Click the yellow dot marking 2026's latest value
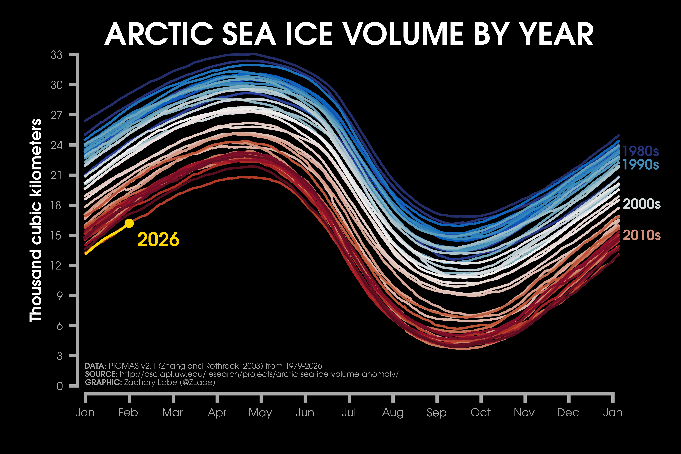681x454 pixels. click(129, 223)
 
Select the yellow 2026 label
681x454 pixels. click(158, 240)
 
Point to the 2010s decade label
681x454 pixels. click(642, 235)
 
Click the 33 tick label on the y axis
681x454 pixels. click(56, 55)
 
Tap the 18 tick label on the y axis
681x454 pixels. click(56, 205)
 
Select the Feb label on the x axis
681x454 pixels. click(128, 413)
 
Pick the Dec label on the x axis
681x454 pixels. click(568, 413)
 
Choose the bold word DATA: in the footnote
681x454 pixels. click(96, 366)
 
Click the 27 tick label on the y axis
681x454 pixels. click(56, 115)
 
